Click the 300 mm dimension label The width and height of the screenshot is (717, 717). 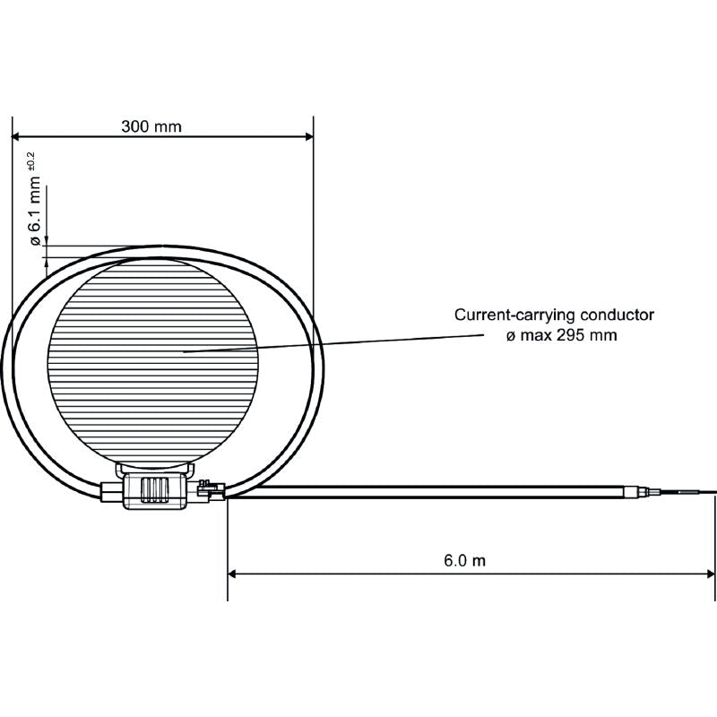pos(151,126)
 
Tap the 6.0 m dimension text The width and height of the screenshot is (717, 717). pos(464,560)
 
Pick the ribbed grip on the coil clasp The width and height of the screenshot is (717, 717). pos(156,490)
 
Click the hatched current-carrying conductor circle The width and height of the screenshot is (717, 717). pos(152,358)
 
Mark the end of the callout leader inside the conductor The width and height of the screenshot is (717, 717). pos(185,351)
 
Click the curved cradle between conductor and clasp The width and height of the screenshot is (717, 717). pos(154,468)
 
